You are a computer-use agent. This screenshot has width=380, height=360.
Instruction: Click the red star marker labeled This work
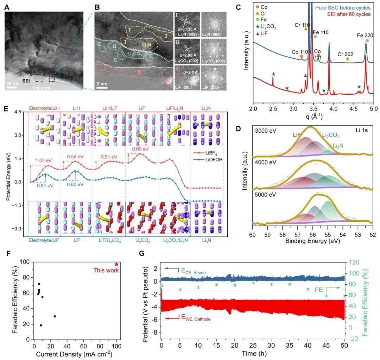tap(116, 264)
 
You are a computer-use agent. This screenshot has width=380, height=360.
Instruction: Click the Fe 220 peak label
tap(366, 35)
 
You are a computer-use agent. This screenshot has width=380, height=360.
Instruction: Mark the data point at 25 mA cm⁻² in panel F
tap(55, 316)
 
